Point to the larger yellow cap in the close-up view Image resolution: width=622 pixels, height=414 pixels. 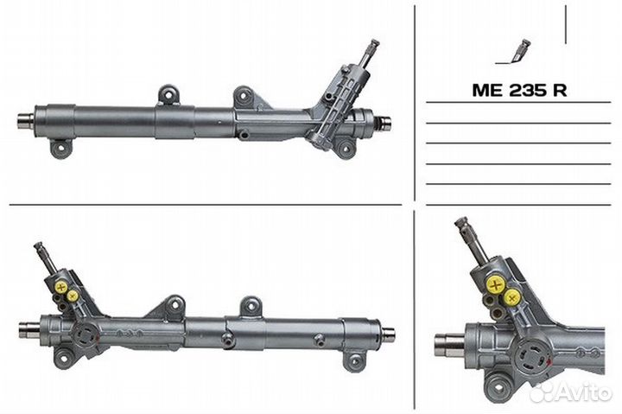coord(495,283)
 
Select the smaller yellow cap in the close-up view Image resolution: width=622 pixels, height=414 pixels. coord(513,297)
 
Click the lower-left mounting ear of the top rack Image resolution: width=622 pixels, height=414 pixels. coord(60,150)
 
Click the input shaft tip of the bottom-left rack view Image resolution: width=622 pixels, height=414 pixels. coord(40,248)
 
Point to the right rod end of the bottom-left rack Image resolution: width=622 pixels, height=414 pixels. coord(388,334)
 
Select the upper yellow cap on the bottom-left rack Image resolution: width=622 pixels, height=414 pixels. coord(61,286)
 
